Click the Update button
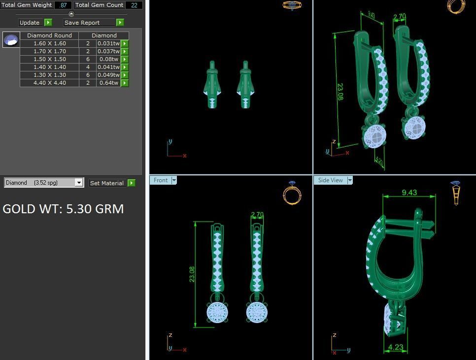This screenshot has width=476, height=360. (30, 23)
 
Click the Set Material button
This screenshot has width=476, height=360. (107, 183)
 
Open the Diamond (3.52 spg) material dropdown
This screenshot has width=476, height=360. (78, 183)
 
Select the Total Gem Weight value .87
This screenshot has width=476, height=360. (63, 5)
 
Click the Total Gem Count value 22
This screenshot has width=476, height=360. (134, 5)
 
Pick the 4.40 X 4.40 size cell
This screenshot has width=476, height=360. (49, 83)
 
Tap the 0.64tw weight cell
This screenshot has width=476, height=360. (108, 83)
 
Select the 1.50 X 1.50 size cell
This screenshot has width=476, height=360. (49, 59)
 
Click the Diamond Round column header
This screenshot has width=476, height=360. (49, 35)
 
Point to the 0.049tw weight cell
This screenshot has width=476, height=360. (108, 75)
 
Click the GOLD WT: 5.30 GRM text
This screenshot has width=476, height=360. (63, 209)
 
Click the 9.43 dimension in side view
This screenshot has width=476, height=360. (409, 193)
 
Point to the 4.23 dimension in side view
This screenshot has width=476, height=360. (396, 347)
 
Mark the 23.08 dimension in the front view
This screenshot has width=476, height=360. (192, 274)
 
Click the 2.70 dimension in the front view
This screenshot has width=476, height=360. (257, 215)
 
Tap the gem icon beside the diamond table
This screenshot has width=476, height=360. (11, 39)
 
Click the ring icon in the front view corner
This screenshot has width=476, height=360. (292, 193)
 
